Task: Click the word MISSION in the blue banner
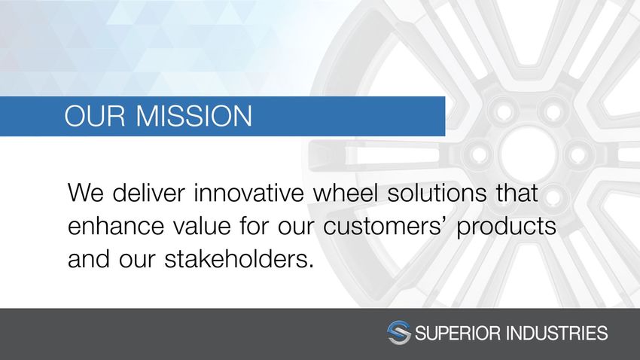194,115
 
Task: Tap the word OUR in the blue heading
95,115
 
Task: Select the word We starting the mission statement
85,193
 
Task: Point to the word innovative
249,192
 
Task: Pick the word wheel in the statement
346,192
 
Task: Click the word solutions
437,192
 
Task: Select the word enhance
116,225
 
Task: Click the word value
202,225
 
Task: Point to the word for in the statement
254,225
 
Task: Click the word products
506,227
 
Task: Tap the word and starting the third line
89,259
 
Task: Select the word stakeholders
239,259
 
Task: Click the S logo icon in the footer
399,333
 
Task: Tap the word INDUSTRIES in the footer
556,333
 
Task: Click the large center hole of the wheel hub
527,154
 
